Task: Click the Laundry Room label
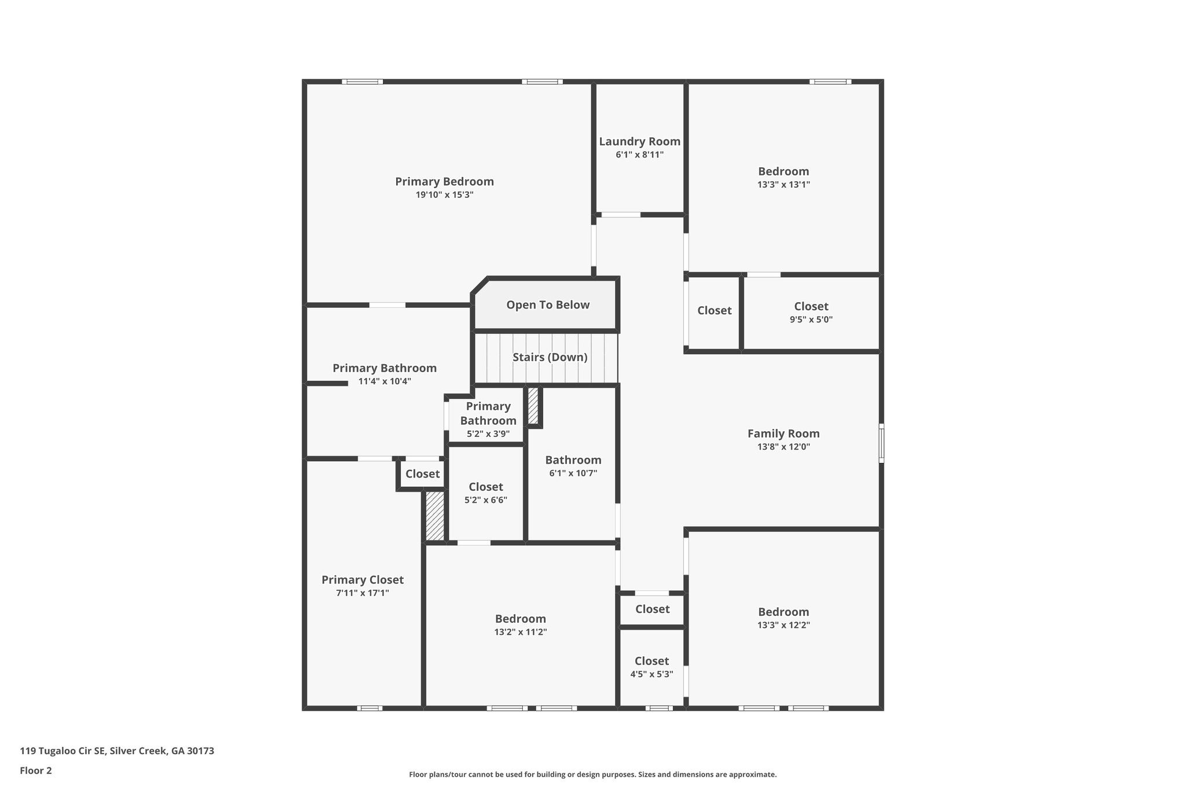point(639,142)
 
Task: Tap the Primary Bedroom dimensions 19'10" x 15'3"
point(445,195)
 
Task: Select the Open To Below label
point(548,305)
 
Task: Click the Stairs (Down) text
point(550,357)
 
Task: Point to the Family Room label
point(784,433)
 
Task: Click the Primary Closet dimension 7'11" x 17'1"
point(363,593)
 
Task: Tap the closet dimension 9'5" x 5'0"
point(811,319)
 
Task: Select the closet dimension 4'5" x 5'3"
point(651,674)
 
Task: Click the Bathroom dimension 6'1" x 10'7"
point(573,473)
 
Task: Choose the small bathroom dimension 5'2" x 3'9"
point(488,433)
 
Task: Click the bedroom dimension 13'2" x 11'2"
point(521,633)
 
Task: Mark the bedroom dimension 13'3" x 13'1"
point(784,185)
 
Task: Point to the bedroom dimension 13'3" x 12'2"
point(784,626)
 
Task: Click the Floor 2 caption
point(36,771)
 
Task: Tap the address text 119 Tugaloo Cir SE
point(63,751)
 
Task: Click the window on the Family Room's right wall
point(881,443)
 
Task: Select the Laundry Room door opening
point(621,215)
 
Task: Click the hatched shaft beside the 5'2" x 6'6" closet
point(435,516)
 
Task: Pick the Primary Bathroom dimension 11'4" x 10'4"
point(385,381)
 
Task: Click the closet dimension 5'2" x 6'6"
point(486,500)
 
